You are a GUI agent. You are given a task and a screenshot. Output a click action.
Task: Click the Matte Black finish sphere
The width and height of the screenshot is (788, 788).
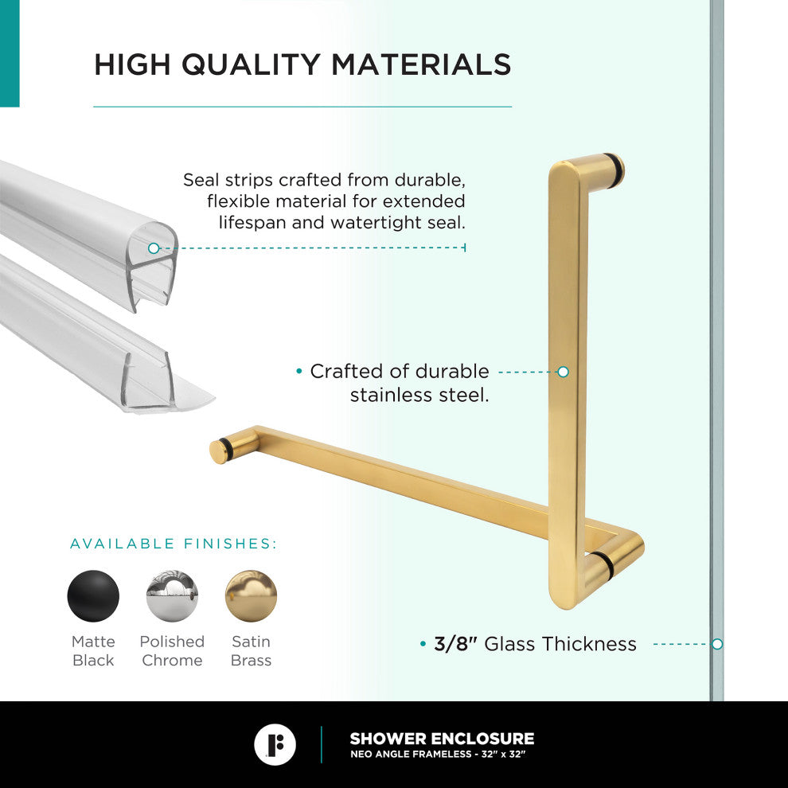tap(93, 596)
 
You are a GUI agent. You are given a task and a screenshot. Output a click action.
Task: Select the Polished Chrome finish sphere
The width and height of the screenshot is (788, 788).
tap(172, 596)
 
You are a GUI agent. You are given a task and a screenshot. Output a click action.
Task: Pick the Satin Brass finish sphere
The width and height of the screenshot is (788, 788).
tap(251, 596)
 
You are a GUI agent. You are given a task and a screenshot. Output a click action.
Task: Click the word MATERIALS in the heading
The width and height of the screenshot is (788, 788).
tap(421, 64)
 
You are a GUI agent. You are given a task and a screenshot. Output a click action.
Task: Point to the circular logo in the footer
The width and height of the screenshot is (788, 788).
tap(275, 744)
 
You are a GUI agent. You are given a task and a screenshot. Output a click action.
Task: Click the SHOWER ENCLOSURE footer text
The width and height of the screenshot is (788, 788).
tap(443, 738)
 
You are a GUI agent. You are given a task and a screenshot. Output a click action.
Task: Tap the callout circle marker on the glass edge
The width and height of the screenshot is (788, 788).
tap(717, 644)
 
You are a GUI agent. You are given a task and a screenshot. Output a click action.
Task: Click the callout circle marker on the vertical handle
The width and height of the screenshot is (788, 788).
tap(564, 372)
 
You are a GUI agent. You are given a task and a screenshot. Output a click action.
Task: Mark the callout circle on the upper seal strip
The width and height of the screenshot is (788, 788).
tap(154, 248)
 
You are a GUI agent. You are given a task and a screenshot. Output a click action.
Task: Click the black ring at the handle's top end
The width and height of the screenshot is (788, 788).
tap(615, 170)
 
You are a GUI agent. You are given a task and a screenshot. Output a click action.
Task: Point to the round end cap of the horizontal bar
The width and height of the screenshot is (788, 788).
tap(218, 451)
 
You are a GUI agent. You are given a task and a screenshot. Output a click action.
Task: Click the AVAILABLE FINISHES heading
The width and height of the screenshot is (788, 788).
tap(174, 544)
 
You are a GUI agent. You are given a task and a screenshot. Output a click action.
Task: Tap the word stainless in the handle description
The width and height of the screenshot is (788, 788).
tap(392, 395)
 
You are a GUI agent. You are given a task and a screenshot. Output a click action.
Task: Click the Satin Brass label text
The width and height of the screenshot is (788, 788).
tap(251, 651)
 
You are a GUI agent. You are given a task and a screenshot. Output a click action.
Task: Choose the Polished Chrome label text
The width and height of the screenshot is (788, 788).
tap(172, 651)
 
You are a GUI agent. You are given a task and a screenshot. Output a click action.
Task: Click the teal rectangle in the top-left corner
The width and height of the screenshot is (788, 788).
tap(10, 53)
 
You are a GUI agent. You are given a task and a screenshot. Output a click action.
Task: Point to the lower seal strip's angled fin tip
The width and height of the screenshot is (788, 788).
tap(213, 399)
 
